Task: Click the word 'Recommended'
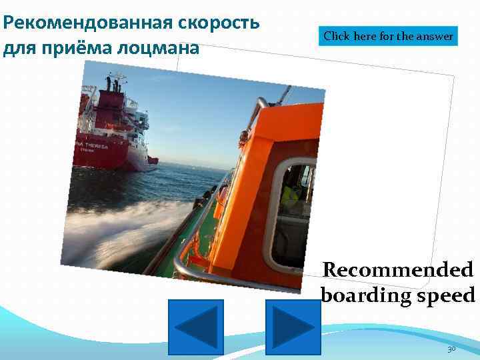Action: pyautogui.click(x=398, y=270)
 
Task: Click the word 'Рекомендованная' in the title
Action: pyautogui.click(x=87, y=23)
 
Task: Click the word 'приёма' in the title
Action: pyautogui.click(x=81, y=48)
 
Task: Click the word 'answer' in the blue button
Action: pyautogui.click(x=435, y=36)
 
